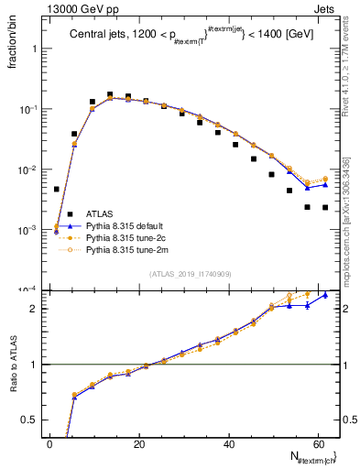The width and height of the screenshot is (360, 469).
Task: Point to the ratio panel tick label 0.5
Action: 33,420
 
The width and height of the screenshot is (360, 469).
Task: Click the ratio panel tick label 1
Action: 38,365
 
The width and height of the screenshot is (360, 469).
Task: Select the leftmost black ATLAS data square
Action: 57,190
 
